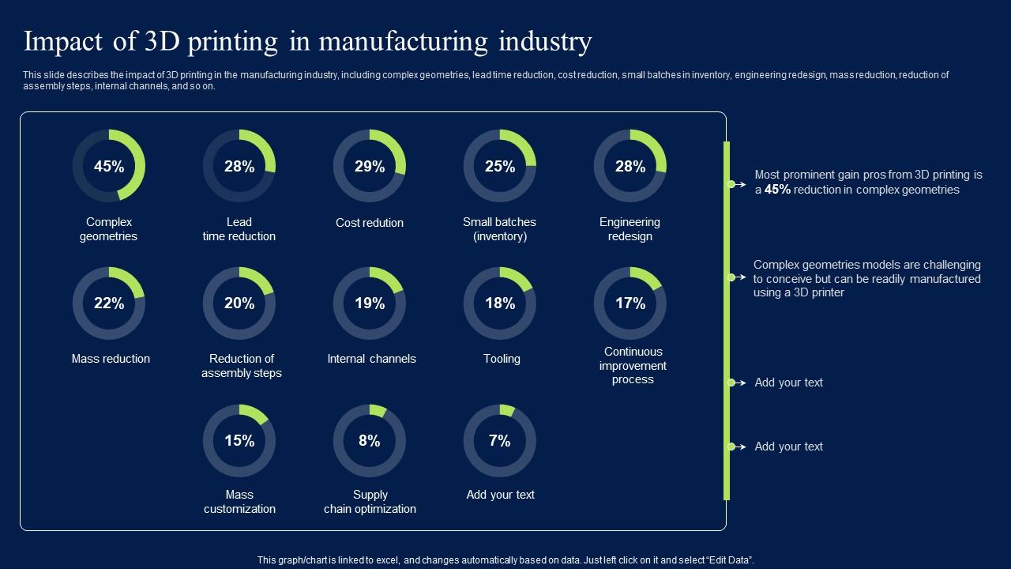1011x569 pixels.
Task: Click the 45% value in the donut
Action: tap(109, 167)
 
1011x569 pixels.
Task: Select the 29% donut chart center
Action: tap(370, 167)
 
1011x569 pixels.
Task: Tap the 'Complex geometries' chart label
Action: tap(109, 229)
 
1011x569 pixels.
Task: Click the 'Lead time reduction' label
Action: tap(239, 229)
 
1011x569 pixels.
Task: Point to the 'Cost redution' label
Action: tap(370, 223)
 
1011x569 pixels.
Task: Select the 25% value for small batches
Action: tap(500, 167)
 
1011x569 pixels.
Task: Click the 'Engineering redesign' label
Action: tap(630, 229)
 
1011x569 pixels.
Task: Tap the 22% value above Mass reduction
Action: tap(109, 303)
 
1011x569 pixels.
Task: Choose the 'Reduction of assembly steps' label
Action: tap(241, 366)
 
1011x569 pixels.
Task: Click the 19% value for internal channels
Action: tap(370, 303)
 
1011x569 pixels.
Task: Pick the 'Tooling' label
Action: tap(502, 359)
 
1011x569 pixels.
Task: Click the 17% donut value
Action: tap(630, 303)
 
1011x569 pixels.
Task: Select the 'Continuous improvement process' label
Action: tap(633, 366)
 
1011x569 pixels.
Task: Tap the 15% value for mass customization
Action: tap(239, 441)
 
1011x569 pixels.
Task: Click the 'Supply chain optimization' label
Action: tap(370, 502)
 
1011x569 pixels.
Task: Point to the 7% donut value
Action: tap(500, 441)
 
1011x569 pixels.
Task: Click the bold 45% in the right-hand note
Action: tap(778, 190)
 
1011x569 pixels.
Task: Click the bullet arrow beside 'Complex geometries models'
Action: tap(736, 277)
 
